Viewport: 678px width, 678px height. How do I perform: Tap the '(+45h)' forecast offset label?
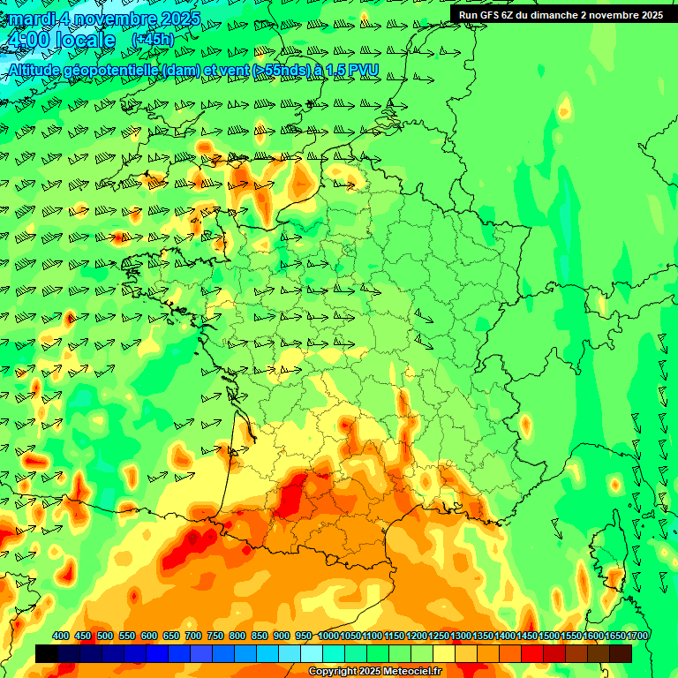(152, 39)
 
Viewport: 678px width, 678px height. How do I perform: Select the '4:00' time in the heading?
(26, 41)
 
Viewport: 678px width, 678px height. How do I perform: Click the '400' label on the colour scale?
(61, 636)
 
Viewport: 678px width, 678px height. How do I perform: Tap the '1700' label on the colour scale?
(637, 636)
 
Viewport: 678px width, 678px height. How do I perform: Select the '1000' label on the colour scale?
(328, 636)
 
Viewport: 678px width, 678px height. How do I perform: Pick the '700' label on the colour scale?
(193, 636)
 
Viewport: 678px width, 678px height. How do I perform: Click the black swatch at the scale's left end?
(46, 653)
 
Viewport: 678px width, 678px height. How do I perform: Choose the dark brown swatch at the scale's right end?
(621, 653)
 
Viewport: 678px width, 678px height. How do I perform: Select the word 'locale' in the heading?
(85, 41)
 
